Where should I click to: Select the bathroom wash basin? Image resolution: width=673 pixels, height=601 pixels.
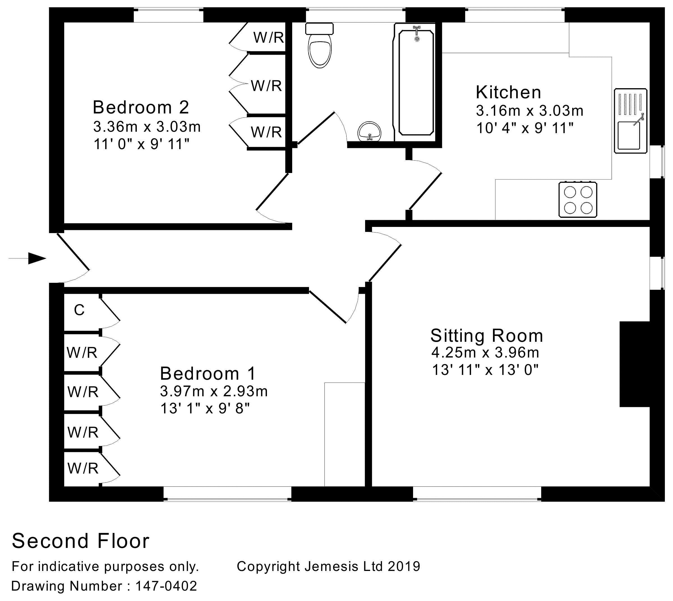click(369, 131)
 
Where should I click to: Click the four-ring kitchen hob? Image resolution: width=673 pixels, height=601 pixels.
click(578, 200)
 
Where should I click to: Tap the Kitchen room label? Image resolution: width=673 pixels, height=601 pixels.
click(508, 92)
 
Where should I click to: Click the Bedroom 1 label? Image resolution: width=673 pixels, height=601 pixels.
click(208, 374)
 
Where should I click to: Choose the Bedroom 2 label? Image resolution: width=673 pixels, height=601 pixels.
click(141, 107)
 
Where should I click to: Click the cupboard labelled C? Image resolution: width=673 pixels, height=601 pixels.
click(79, 310)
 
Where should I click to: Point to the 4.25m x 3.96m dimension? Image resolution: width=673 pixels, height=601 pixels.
click(485, 353)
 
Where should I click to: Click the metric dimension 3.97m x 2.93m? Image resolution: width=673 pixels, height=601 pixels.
click(214, 391)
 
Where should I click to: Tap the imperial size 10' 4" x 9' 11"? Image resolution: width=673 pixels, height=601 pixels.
click(525, 128)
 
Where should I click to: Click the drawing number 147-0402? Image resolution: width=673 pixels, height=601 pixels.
click(166, 586)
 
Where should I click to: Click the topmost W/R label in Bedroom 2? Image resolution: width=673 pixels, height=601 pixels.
click(269, 38)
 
